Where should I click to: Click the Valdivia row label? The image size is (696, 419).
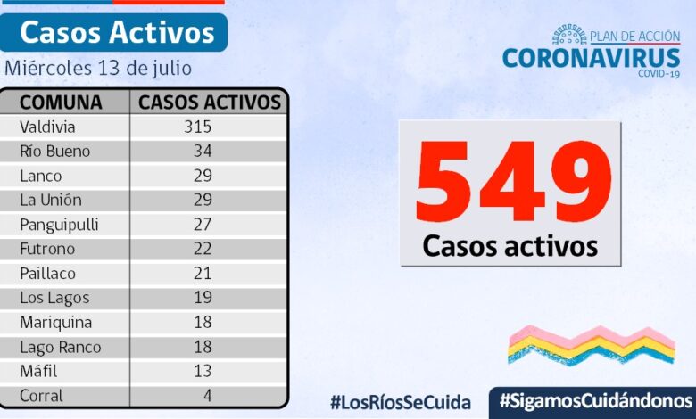47,127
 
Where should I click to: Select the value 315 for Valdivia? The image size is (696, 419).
197,127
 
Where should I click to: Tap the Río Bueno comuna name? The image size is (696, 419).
55,151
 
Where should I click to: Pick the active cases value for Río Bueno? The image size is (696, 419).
202,151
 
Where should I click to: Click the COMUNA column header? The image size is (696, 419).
61,102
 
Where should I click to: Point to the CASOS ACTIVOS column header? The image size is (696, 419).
210,102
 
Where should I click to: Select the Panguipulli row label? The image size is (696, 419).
59,225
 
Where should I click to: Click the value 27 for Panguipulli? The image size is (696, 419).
202,225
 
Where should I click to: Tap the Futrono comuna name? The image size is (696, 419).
47,249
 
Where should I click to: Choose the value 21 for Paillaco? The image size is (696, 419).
202,274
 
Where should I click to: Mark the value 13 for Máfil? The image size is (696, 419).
202,371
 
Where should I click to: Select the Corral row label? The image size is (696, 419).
41,396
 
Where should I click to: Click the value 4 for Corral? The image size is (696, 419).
206,396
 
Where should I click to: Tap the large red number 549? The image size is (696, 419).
513,183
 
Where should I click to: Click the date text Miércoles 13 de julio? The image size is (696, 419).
98,68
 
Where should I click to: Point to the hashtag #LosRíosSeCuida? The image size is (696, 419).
400,401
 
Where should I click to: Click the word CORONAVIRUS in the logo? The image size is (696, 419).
591,58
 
